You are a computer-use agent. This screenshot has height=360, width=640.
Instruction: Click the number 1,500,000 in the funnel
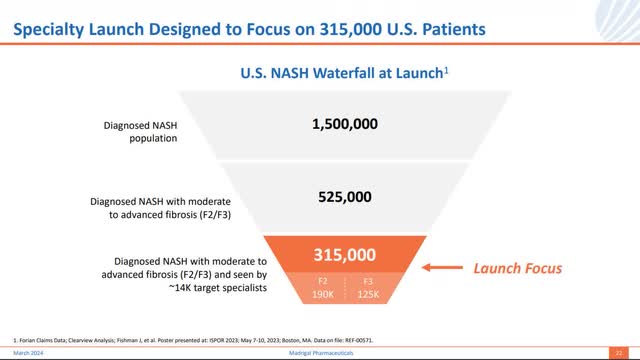click(x=345, y=126)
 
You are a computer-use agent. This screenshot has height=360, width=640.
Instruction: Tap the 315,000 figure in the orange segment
click(x=345, y=254)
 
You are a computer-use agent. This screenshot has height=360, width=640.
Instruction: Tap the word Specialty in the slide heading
click(x=49, y=30)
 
